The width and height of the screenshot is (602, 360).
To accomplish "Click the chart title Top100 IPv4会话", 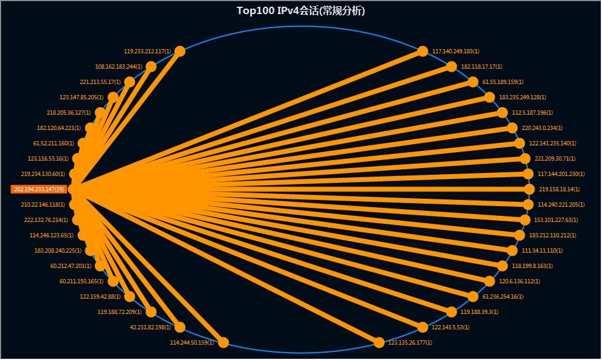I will click(x=300, y=10).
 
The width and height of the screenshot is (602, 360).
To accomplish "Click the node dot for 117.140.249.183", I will click(x=422, y=52).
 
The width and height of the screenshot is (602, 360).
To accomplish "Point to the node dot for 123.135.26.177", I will click(x=379, y=343).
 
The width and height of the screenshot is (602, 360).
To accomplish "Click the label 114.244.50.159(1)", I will click(x=192, y=343).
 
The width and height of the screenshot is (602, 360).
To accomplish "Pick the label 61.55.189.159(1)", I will click(x=503, y=82).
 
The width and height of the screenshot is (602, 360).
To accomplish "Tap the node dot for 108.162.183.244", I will click(x=151, y=67).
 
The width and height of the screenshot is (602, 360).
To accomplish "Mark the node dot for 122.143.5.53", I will click(x=422, y=327).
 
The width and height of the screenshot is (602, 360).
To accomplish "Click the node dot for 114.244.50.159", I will click(x=223, y=343).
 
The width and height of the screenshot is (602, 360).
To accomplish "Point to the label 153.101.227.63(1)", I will click(x=557, y=220).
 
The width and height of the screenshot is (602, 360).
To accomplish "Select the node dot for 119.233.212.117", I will click(x=180, y=52).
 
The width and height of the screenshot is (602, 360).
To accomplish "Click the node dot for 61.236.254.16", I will click(x=473, y=296).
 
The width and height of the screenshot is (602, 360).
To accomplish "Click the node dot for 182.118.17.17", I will click(x=451, y=67).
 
